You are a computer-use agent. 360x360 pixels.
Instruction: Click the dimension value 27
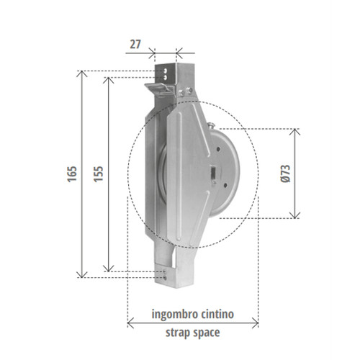[x=135, y=45]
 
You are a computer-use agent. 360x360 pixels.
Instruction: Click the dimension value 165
[x=72, y=174]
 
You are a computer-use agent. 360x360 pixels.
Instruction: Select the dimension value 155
[x=99, y=174]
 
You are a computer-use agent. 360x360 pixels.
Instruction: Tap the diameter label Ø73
[x=286, y=174]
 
